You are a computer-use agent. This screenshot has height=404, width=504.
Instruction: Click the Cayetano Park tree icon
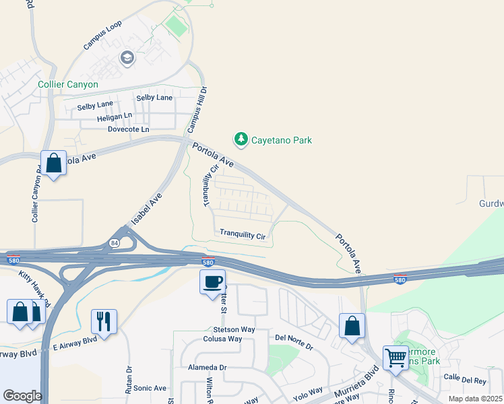pos(241,139)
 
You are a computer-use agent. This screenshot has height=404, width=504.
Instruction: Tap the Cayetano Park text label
pos(282,141)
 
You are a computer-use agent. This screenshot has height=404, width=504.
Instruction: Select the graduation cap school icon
pos(126,59)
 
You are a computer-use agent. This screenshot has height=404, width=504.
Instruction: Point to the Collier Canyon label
pos(68,85)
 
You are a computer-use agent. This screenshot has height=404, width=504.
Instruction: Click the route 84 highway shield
pos(115,243)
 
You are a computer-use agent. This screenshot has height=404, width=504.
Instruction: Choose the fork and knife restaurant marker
pos(104,321)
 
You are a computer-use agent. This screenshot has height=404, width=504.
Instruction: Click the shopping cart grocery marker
pos(396,356)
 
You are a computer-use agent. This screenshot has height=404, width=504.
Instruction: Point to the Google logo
pos(23,396)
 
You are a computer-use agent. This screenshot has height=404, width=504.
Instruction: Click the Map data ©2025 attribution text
pos(474,399)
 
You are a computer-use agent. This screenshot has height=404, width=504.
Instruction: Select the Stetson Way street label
pos(230,329)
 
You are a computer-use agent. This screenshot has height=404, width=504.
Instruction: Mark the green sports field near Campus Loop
pos(177,26)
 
